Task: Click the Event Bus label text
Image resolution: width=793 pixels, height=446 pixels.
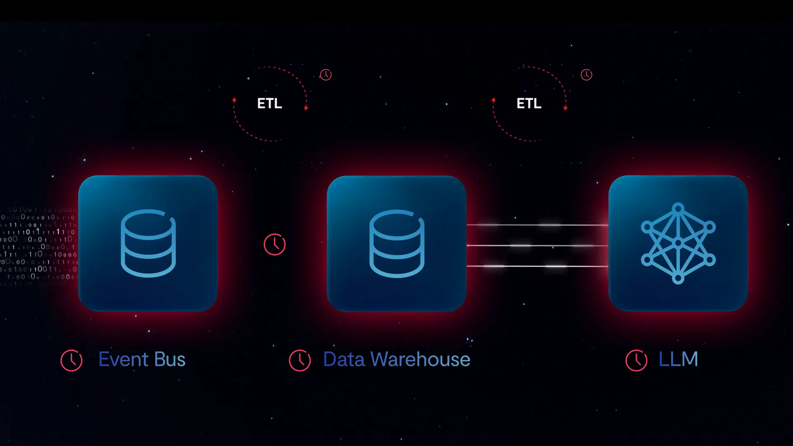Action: pos(142,359)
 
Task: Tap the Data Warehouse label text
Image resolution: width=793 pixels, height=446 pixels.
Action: pos(396,359)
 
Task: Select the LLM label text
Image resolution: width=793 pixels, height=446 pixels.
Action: pos(678,359)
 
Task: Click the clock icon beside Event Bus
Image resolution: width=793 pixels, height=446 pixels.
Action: pos(71,361)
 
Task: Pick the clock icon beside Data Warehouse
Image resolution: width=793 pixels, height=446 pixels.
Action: pos(300,361)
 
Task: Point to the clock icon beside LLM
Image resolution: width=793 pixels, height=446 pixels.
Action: pos(636,361)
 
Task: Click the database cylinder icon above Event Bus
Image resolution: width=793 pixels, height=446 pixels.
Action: pos(148,243)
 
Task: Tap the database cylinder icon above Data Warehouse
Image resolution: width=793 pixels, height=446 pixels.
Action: pos(396,244)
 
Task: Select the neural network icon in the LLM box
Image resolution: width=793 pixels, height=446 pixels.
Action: pos(678,243)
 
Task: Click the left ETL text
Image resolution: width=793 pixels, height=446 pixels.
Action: pos(270,103)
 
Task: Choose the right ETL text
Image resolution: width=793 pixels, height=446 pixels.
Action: pos(529,103)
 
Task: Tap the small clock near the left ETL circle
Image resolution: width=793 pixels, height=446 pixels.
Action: pos(326,75)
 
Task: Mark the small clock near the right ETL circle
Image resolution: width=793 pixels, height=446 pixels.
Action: pos(586,75)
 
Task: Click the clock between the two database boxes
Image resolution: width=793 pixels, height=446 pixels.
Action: pos(275,244)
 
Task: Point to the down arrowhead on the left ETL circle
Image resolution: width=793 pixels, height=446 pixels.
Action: pos(306,108)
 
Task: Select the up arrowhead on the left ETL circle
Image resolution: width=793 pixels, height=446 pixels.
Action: pos(234,100)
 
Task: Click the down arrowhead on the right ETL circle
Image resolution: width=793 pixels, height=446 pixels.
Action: pos(565,108)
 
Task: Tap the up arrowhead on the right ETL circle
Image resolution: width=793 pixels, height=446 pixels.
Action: pos(494,100)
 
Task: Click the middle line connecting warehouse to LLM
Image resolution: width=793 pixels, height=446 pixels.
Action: pos(537,245)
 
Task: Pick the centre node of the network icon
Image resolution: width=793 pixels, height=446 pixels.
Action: pos(678,243)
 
